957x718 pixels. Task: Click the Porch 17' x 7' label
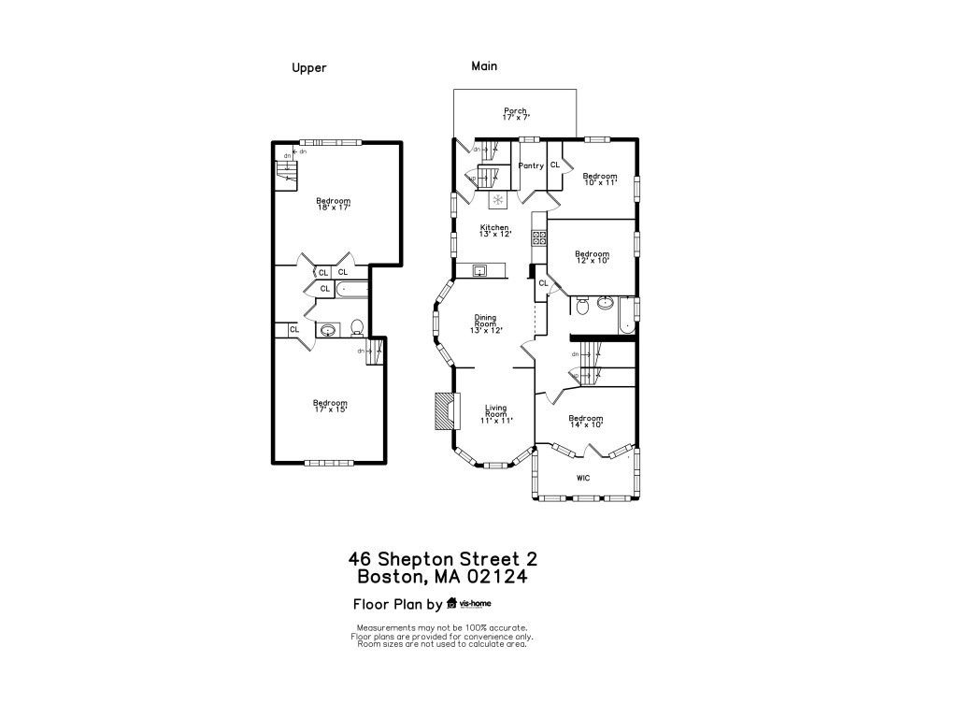click(x=515, y=114)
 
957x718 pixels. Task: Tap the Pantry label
click(x=531, y=165)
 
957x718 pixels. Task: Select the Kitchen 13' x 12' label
click(x=494, y=230)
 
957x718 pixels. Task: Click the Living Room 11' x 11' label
click(x=495, y=413)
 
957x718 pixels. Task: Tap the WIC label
click(x=583, y=478)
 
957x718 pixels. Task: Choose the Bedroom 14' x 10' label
click(x=586, y=422)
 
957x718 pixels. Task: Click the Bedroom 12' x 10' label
click(x=592, y=257)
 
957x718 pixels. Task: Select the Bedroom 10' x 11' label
click(x=600, y=179)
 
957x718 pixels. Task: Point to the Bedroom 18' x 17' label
click(x=333, y=204)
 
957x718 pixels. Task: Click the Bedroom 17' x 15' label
click(x=330, y=407)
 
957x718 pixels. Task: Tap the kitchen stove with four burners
click(x=538, y=237)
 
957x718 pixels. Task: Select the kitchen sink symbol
click(x=479, y=271)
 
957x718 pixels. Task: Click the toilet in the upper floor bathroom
click(x=357, y=328)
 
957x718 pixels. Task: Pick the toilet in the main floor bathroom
click(x=581, y=305)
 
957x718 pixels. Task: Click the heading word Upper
click(x=308, y=67)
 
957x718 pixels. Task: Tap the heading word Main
click(x=484, y=66)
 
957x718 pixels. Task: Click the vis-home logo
click(x=469, y=603)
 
